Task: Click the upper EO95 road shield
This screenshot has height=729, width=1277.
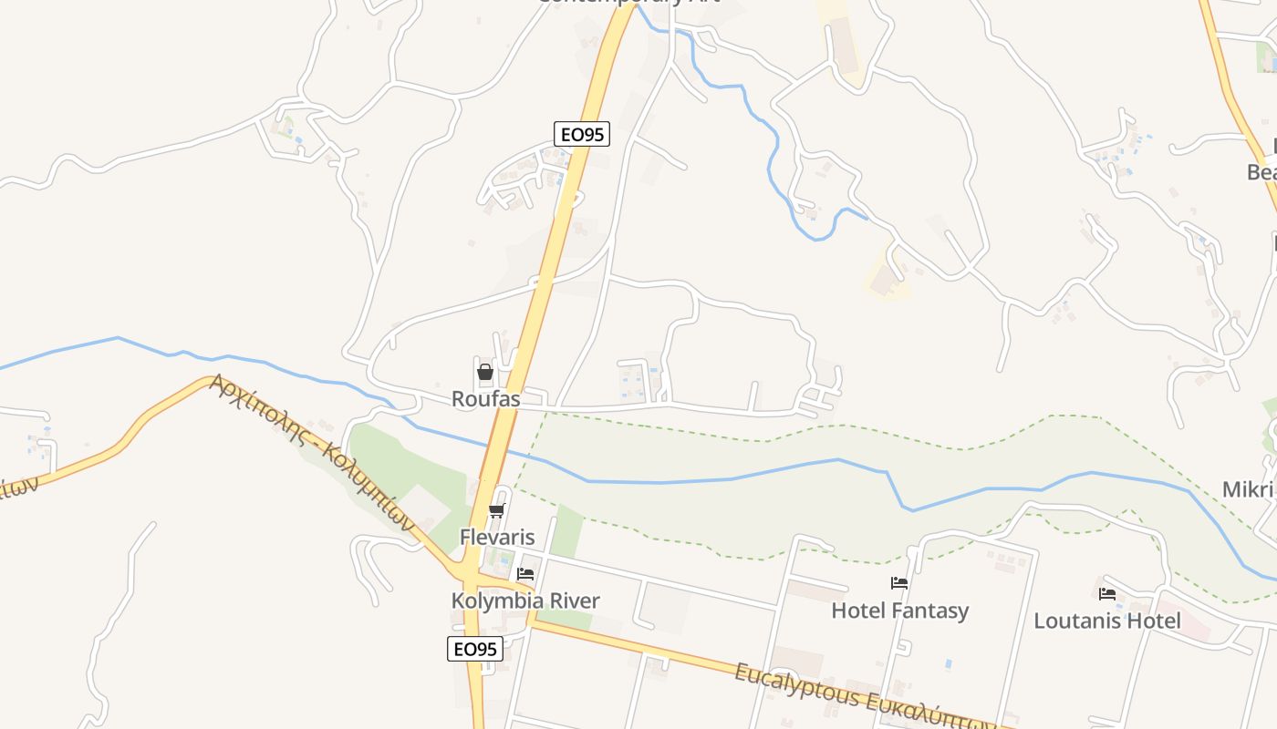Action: (581, 135)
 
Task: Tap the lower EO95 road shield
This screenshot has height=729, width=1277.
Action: (475, 649)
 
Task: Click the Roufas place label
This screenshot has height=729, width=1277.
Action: (485, 399)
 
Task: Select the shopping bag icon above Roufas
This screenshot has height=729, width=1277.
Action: (485, 372)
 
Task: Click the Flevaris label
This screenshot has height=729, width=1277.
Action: (497, 537)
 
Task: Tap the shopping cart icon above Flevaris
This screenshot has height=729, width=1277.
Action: (497, 510)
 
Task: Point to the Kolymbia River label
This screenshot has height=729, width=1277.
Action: (525, 601)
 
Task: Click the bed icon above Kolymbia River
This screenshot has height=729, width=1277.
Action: (525, 574)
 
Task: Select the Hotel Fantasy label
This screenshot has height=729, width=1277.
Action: (899, 611)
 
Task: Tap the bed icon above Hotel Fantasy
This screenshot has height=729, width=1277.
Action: (899, 583)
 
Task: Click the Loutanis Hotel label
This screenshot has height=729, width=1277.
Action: (1106, 621)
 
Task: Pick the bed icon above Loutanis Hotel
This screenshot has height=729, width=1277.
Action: (1107, 594)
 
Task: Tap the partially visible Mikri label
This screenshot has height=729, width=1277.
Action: (1248, 490)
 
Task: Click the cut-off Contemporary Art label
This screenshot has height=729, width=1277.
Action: (629, 3)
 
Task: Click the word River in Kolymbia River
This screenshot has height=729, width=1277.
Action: (573, 601)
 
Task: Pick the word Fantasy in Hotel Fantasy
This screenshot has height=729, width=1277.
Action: (933, 611)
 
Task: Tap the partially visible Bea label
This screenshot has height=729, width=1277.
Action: (1261, 172)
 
